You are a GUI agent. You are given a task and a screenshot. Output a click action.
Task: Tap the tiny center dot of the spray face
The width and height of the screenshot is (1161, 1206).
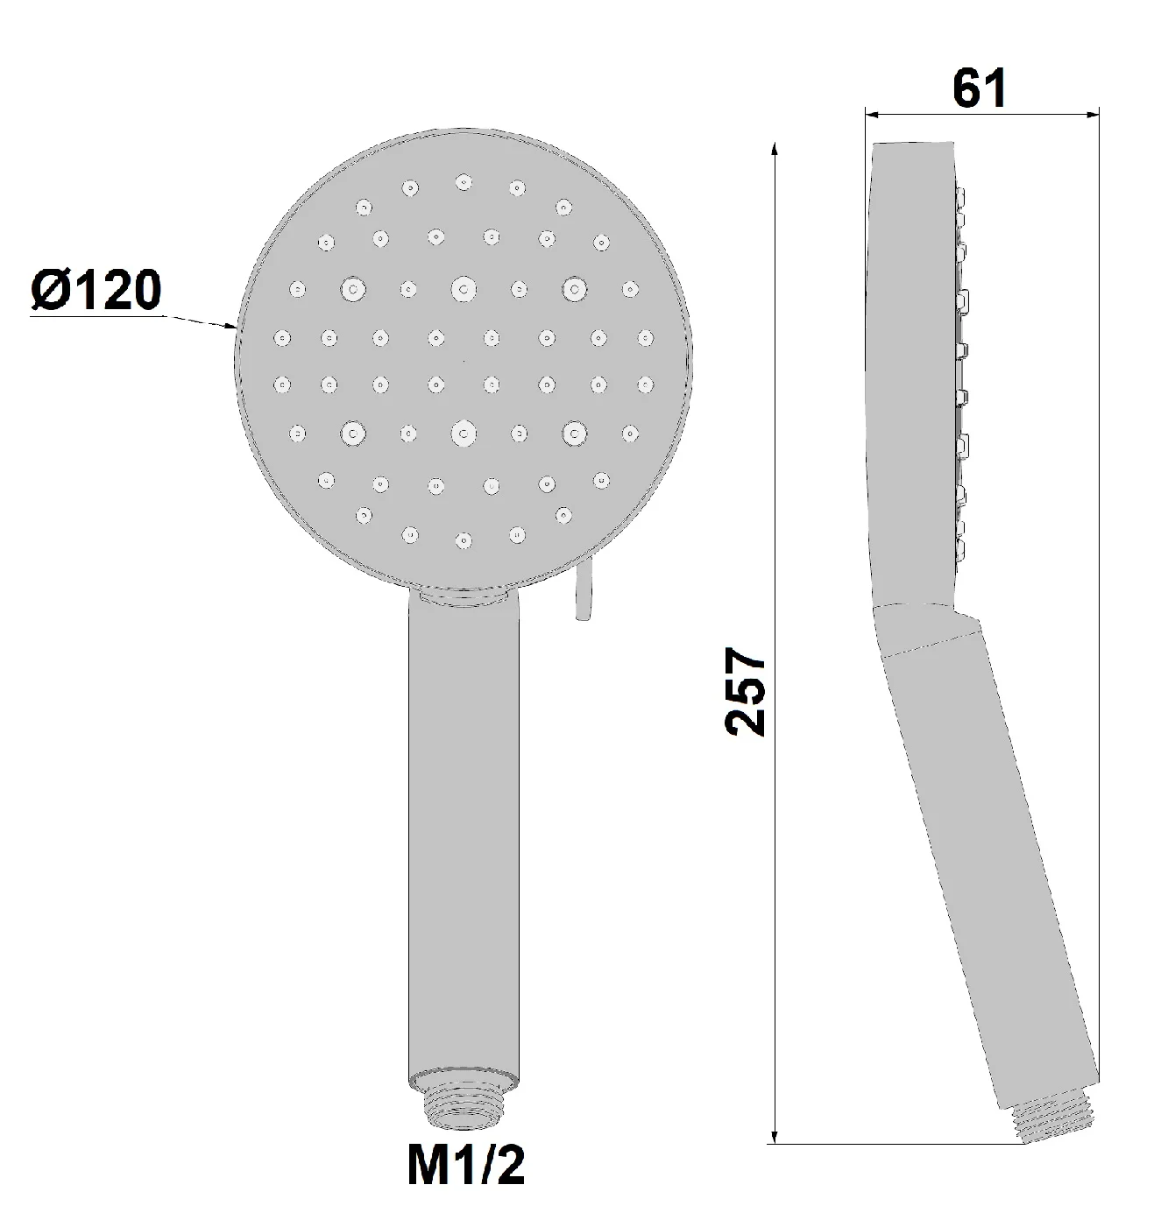click(464, 360)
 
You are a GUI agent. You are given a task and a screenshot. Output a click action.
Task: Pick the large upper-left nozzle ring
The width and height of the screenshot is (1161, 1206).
click(353, 288)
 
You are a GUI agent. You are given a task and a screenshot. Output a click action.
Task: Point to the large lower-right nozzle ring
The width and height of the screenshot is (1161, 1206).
click(574, 431)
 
